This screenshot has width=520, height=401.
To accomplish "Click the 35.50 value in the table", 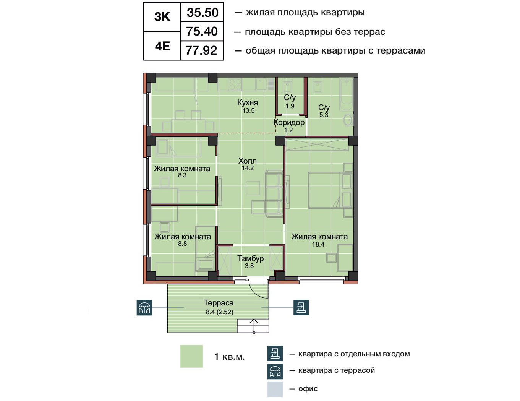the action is [x=202, y=13].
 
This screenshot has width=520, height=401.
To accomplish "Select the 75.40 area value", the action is [x=202, y=31].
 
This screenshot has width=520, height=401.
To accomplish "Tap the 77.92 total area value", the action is [x=201, y=50].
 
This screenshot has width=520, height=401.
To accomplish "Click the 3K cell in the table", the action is [x=162, y=17].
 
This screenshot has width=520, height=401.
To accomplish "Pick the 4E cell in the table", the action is [x=162, y=46].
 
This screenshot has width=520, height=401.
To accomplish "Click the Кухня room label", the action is [x=248, y=102].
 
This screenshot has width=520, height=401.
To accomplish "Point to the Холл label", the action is [x=248, y=161].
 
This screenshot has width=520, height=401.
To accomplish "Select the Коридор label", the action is [x=289, y=123].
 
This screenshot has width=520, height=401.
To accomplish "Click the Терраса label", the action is [x=219, y=303].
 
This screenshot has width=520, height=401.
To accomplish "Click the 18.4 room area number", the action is [x=318, y=244].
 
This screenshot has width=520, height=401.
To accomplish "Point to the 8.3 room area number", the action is [x=182, y=175].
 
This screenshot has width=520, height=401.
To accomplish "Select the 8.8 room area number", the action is [x=182, y=244].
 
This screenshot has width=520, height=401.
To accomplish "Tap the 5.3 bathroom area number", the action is [x=324, y=115].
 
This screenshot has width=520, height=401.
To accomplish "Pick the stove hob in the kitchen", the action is [x=235, y=84].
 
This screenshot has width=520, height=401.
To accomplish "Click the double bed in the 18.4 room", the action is [x=324, y=190].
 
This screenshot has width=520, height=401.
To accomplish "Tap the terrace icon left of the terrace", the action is [x=144, y=307].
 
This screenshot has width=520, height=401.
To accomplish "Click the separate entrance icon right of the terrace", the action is [x=301, y=307].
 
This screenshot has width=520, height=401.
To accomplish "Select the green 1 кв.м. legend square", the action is [x=191, y=356].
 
